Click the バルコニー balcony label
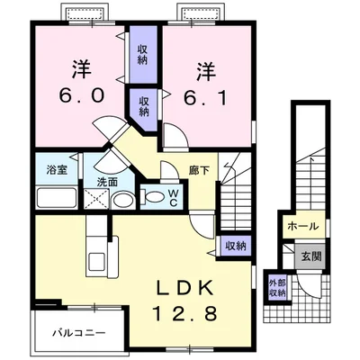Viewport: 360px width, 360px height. click(76, 332)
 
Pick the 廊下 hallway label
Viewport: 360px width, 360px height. click(199, 167)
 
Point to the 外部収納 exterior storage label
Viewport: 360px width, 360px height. click(277, 288)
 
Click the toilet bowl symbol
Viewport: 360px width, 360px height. click(152, 197)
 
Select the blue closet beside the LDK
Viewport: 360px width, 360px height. click(235, 245)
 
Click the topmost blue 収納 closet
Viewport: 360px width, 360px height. click(142, 53)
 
